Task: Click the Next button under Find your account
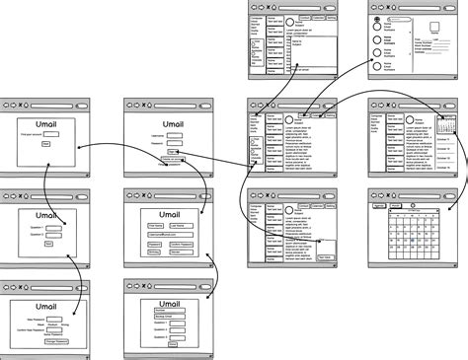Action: (46, 144)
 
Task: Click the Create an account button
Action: (171, 157)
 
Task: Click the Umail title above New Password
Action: (45, 306)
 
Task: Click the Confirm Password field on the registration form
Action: (187, 243)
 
